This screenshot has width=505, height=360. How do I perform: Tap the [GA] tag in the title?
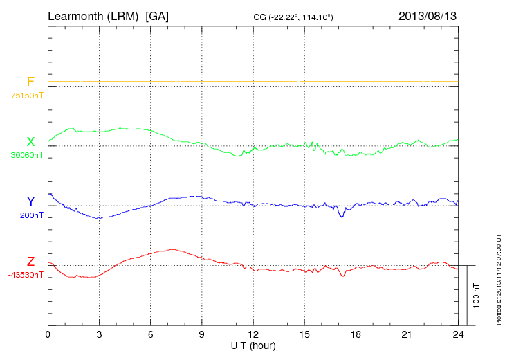click(x=157, y=15)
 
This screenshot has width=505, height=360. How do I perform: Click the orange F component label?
click(x=30, y=82)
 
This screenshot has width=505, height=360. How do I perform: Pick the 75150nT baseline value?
click(x=27, y=96)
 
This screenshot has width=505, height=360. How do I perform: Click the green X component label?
click(x=30, y=142)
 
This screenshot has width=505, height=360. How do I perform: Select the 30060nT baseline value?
click(x=27, y=155)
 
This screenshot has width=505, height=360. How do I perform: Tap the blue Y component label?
click(x=30, y=201)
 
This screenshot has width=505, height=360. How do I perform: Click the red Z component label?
click(x=30, y=262)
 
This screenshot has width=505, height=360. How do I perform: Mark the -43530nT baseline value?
click(x=27, y=275)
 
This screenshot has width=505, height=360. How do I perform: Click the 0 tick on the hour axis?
click(x=48, y=334)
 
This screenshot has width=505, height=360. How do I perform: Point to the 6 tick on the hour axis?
click(x=150, y=334)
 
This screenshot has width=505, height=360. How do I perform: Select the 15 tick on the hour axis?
click(x=304, y=334)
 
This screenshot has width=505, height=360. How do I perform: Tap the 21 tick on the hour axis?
click(x=407, y=334)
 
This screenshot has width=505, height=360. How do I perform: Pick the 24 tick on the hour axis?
click(x=458, y=334)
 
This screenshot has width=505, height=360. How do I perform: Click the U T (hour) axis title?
click(x=253, y=344)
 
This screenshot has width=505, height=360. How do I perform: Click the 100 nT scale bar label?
click(x=476, y=296)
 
